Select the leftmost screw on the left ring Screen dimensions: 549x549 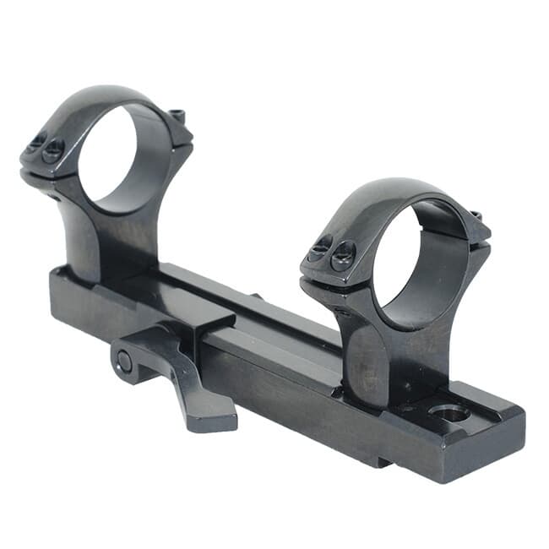tap(36, 144)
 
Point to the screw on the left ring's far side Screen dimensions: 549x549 tap(177, 116)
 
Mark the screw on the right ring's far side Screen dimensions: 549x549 tap(476, 216)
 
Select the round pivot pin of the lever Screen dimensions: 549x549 tap(125, 361)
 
